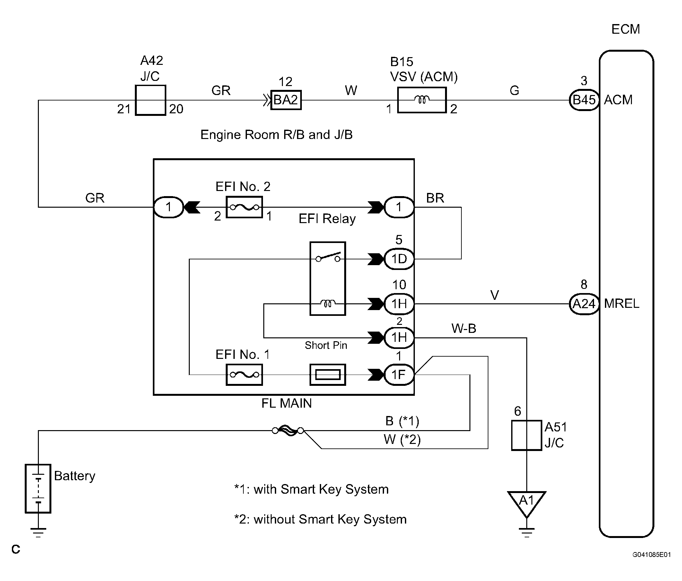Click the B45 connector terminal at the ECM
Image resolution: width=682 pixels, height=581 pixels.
[x=584, y=100]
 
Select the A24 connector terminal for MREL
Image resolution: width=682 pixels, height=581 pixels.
[x=584, y=304]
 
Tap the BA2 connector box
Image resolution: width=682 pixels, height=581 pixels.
[x=286, y=100]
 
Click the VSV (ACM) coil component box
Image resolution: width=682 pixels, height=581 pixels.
[x=422, y=100]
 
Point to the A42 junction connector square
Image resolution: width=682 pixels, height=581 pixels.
[x=150, y=100]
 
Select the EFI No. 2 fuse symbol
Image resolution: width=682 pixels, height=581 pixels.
[x=244, y=207]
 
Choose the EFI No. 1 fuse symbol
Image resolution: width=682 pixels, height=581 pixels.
[x=244, y=374]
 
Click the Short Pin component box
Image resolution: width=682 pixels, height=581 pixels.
[x=328, y=374]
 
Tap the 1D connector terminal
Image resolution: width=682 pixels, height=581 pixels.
[x=399, y=259]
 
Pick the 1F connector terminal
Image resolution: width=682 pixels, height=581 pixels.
[x=399, y=374]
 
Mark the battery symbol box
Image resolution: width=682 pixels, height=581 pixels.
[x=38, y=488]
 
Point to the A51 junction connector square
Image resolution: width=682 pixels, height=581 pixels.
[x=526, y=435]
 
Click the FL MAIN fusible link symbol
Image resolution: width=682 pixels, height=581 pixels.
[x=288, y=430]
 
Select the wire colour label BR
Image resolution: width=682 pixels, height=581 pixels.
[x=435, y=198]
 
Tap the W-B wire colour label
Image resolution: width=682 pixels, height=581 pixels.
[x=463, y=328]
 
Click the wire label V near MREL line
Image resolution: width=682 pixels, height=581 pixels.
[x=494, y=295]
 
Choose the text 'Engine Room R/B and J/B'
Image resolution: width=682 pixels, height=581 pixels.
[x=276, y=134]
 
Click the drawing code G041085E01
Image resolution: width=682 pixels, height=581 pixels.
[x=651, y=555]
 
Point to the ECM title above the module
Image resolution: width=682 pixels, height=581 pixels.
[x=625, y=29]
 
